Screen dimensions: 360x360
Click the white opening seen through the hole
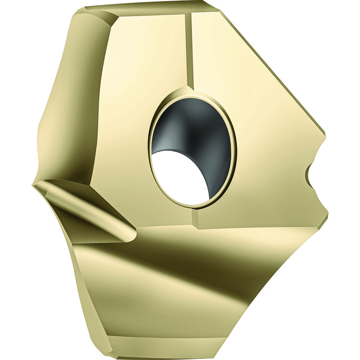(x=180, y=176)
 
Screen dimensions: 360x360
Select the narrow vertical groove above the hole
(x=189, y=50)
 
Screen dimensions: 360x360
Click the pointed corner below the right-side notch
(x=327, y=216)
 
